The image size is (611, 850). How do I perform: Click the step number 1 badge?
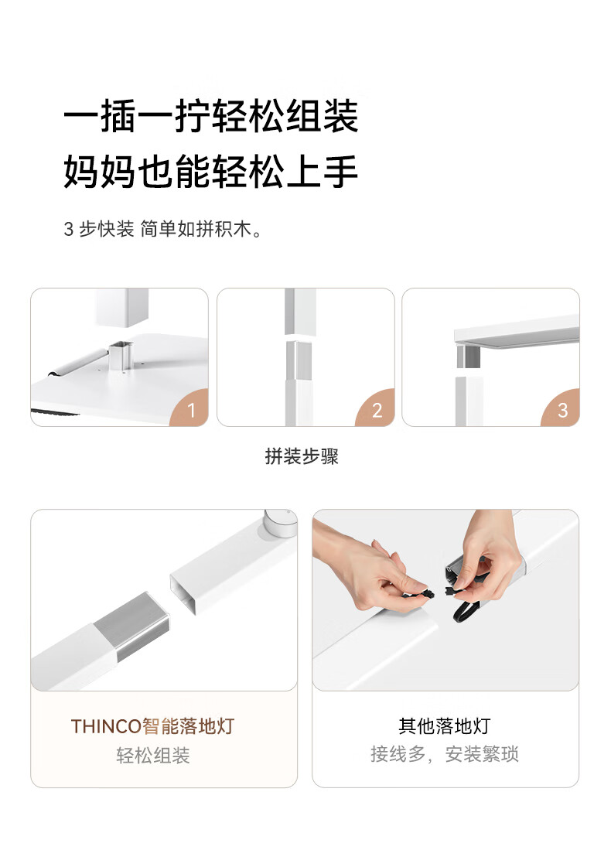(x=190, y=409)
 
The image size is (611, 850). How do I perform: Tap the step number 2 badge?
(x=376, y=409)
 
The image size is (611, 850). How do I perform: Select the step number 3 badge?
(x=562, y=409)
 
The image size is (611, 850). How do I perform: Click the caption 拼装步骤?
(x=302, y=456)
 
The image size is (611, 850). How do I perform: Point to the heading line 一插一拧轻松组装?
(x=211, y=116)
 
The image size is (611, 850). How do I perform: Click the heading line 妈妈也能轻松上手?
(x=211, y=171)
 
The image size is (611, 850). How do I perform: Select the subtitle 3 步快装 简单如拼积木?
(x=163, y=229)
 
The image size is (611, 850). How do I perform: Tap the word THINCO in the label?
(x=106, y=726)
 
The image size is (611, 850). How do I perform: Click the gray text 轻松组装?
(x=153, y=755)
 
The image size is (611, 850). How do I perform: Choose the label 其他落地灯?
(x=445, y=725)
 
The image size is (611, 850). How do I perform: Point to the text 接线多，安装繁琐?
(x=445, y=754)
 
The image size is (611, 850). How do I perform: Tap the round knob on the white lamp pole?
(x=280, y=521)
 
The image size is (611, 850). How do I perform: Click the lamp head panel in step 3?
(x=517, y=331)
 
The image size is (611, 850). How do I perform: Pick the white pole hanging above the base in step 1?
(x=122, y=307)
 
